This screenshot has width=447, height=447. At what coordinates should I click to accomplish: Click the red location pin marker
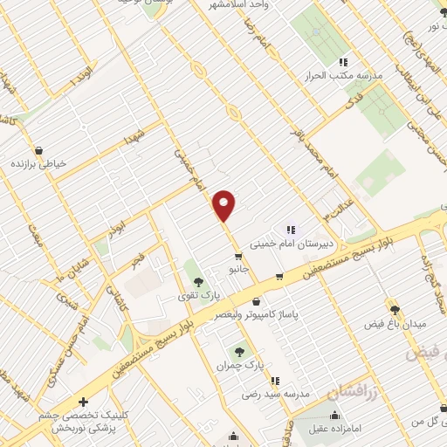pos(224,205)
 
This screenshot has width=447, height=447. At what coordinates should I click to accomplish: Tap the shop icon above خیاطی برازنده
pos(38,148)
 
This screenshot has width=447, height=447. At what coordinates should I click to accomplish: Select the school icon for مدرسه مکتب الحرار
pos(343,62)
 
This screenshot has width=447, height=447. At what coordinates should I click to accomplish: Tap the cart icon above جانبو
pos(237,257)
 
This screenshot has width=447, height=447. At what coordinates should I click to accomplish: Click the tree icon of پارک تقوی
pos(199,282)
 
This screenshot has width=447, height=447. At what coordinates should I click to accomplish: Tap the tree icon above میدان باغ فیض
pos(395,310)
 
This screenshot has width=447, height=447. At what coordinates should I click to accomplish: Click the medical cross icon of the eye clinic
pos(83,402)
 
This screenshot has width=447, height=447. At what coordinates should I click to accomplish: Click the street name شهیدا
pos(132,140)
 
